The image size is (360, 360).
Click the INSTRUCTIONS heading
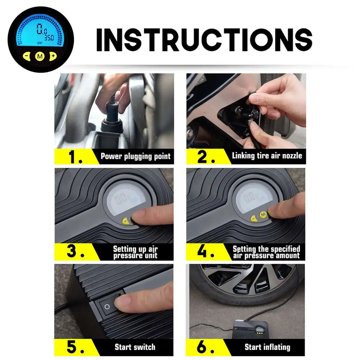pyautogui.click(x=204, y=40)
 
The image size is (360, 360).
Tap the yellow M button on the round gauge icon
pyautogui.click(x=40, y=56)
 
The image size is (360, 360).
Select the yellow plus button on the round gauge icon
pyautogui.click(x=53, y=56)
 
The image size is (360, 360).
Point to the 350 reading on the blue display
pyautogui.click(x=49, y=38)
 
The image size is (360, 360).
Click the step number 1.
pyautogui.click(x=75, y=157)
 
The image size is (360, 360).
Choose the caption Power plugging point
pyautogui.click(x=135, y=156)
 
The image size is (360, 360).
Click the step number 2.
pyautogui.click(x=206, y=157)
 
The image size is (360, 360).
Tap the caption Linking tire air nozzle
pyautogui.click(x=267, y=155)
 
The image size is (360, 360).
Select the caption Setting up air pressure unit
pyautogui.click(x=135, y=252)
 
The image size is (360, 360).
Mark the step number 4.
pyautogui.click(x=206, y=251)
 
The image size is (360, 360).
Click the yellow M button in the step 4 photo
pyautogui.click(x=263, y=214)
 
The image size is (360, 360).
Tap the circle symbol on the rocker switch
pyautogui.click(x=107, y=307)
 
